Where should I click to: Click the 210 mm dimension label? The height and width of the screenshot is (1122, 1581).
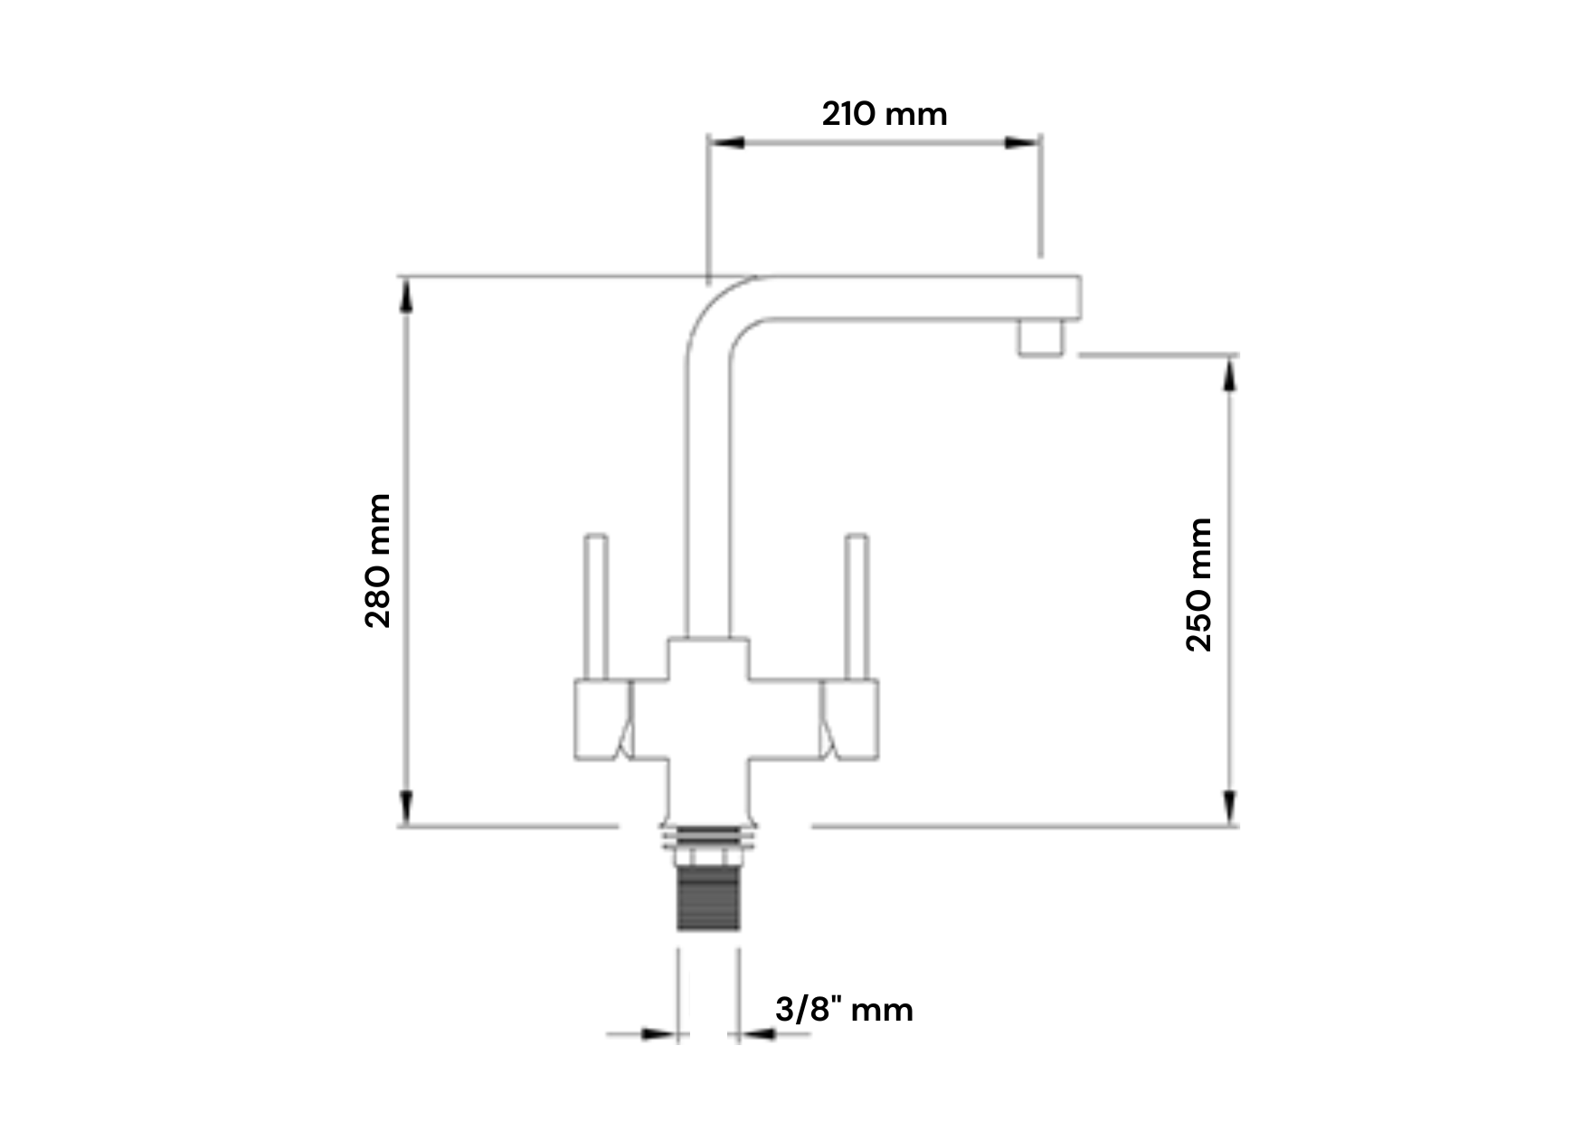click(x=885, y=115)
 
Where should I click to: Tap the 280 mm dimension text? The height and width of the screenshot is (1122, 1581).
click(x=378, y=561)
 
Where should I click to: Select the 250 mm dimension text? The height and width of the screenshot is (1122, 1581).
click(x=1198, y=585)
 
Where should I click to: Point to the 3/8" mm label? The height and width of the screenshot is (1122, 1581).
click(x=844, y=1010)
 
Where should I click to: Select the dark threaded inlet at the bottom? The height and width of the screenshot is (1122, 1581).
click(x=708, y=899)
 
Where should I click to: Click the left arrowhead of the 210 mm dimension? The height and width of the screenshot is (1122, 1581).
click(x=726, y=142)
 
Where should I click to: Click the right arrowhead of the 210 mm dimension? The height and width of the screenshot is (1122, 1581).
click(x=1022, y=142)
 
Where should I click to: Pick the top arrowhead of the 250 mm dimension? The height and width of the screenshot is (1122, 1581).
click(x=1229, y=375)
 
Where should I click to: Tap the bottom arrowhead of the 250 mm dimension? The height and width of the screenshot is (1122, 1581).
click(x=1229, y=806)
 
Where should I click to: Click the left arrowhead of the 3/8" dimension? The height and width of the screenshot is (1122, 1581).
click(x=659, y=1033)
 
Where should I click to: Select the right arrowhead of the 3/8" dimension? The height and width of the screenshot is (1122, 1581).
click(x=757, y=1033)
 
